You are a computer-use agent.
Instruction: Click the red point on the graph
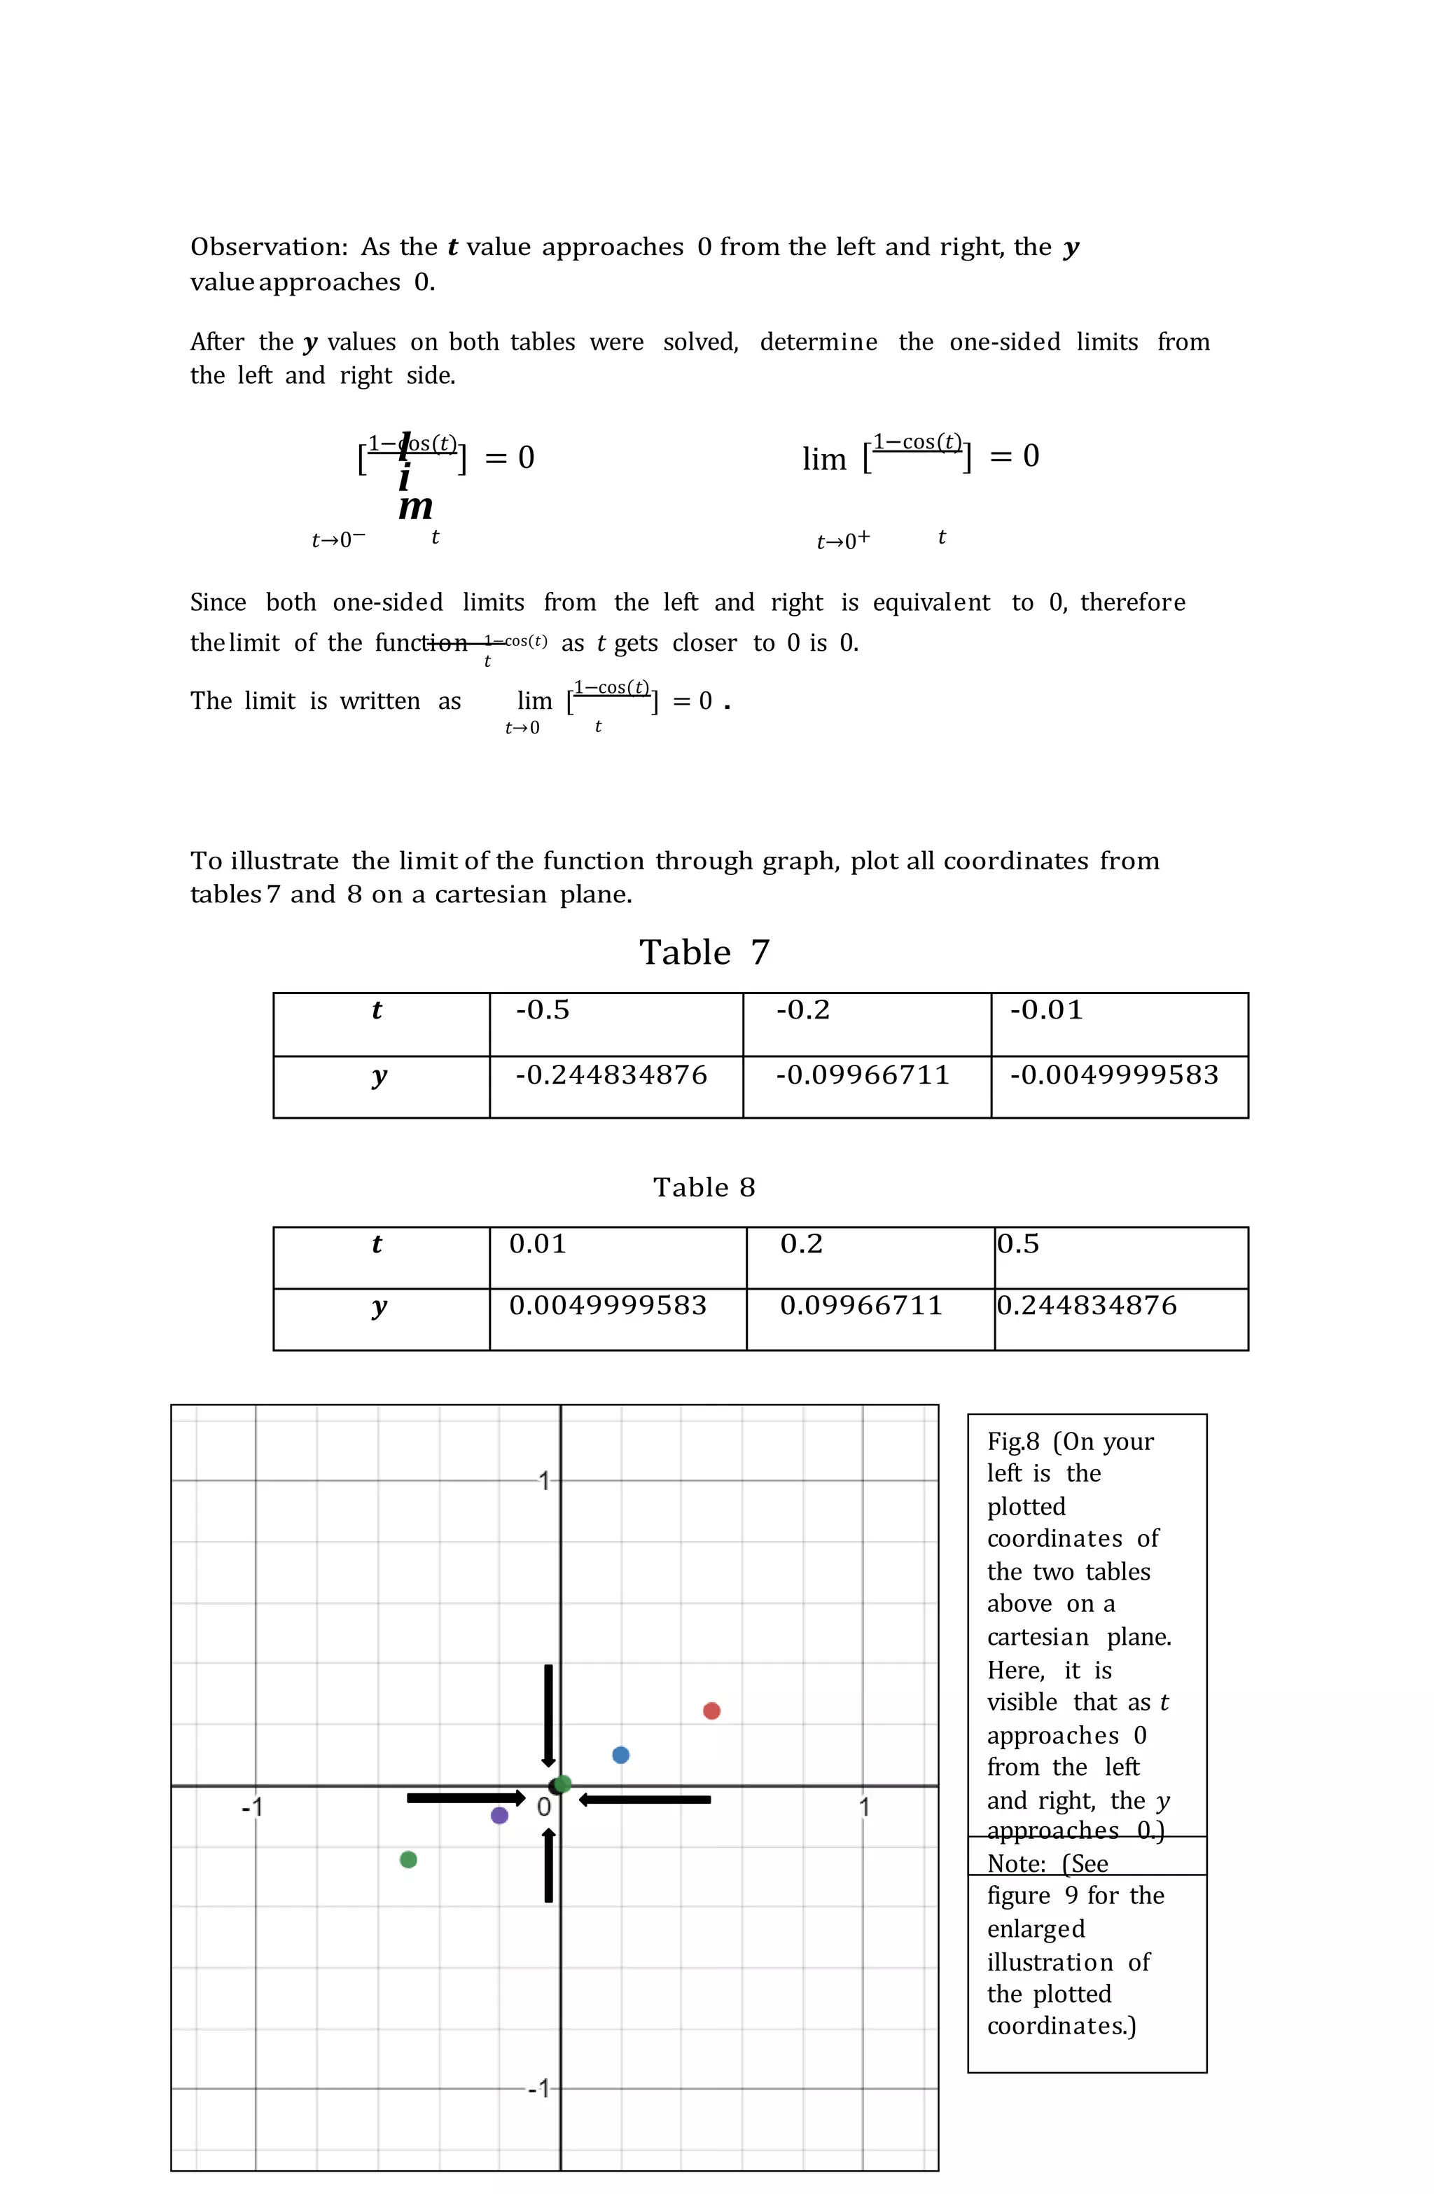click(711, 1711)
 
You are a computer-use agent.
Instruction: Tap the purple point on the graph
click(499, 1815)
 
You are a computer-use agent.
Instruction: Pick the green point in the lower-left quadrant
click(408, 1859)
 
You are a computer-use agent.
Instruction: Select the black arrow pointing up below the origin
click(548, 1866)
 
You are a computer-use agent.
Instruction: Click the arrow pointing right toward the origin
click(466, 1798)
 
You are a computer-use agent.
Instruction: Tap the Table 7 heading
click(704, 952)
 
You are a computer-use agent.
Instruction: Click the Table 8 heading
click(704, 1187)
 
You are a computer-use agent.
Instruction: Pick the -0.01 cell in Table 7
click(1046, 1010)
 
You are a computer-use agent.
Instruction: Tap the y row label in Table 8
click(379, 1307)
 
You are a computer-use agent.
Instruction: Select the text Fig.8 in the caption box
click(1012, 1442)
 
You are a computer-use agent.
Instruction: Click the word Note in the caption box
click(1015, 1863)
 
